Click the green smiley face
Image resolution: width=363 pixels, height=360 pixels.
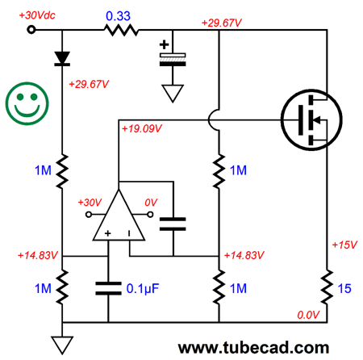tap(27, 103)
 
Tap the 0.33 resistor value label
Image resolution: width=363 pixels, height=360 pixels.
tap(118, 16)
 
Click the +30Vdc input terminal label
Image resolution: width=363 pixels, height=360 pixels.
tap(37, 15)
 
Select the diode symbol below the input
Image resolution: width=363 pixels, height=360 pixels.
tap(62, 59)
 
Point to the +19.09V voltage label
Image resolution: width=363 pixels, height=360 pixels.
tap(142, 128)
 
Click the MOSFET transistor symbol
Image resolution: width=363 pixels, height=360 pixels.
tap(311, 119)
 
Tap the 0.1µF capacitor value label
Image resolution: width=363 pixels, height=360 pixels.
tap(143, 288)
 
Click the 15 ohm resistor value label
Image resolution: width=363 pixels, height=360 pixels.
tap(344, 288)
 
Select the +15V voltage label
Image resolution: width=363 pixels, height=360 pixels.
tap(344, 245)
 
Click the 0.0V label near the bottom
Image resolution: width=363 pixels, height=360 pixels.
tap(308, 315)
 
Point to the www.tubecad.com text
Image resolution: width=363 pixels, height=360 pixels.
tap(253, 348)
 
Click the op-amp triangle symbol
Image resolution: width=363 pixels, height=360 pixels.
tap(119, 215)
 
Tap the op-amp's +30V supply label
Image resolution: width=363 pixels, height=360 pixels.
tap(90, 203)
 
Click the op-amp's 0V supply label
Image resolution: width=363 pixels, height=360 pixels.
tap(151, 203)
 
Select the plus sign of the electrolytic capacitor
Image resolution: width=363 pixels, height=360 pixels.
tap(164, 44)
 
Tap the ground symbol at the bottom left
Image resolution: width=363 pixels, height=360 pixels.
tap(62, 345)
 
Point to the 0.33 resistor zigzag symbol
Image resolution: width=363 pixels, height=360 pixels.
tap(121, 30)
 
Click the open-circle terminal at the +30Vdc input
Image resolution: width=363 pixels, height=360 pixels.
tap(31, 30)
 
